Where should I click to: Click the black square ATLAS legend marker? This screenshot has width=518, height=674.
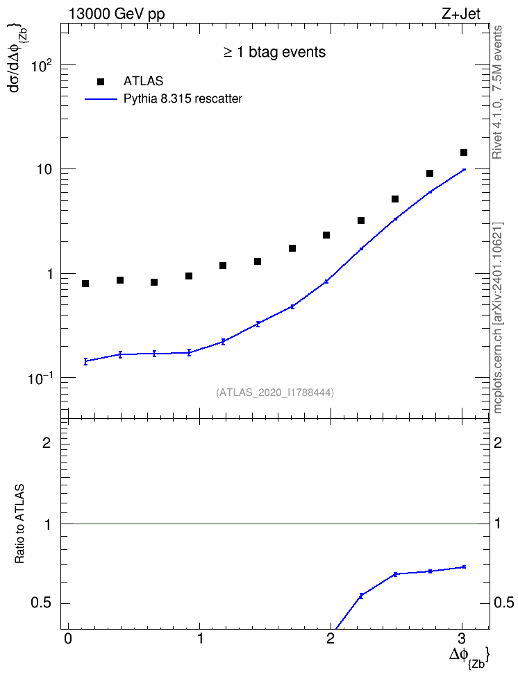[101, 82]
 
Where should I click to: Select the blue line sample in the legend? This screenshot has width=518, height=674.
[101, 99]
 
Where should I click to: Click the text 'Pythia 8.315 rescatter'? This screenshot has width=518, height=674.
[183, 99]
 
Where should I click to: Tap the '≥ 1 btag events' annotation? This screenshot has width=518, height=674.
[274, 52]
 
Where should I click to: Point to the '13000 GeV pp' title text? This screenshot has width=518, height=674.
[117, 14]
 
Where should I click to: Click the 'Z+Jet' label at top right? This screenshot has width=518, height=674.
[461, 14]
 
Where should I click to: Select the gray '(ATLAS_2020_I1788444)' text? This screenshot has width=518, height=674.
[274, 392]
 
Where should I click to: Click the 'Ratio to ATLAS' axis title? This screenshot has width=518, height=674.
[19, 524]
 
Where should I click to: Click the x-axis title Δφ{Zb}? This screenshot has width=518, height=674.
[469, 656]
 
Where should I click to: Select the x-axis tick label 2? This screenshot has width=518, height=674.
[331, 638]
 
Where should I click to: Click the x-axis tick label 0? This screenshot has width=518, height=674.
[67, 638]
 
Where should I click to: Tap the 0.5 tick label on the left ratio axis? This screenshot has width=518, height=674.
[41, 603]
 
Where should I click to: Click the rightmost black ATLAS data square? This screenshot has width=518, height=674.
[464, 153]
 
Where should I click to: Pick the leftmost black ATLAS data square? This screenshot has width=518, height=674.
[85, 284]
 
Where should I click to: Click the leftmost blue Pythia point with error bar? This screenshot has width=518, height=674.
[85, 361]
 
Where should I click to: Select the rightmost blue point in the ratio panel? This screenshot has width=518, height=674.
[464, 567]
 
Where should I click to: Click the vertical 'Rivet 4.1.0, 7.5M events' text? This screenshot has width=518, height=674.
[497, 92]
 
